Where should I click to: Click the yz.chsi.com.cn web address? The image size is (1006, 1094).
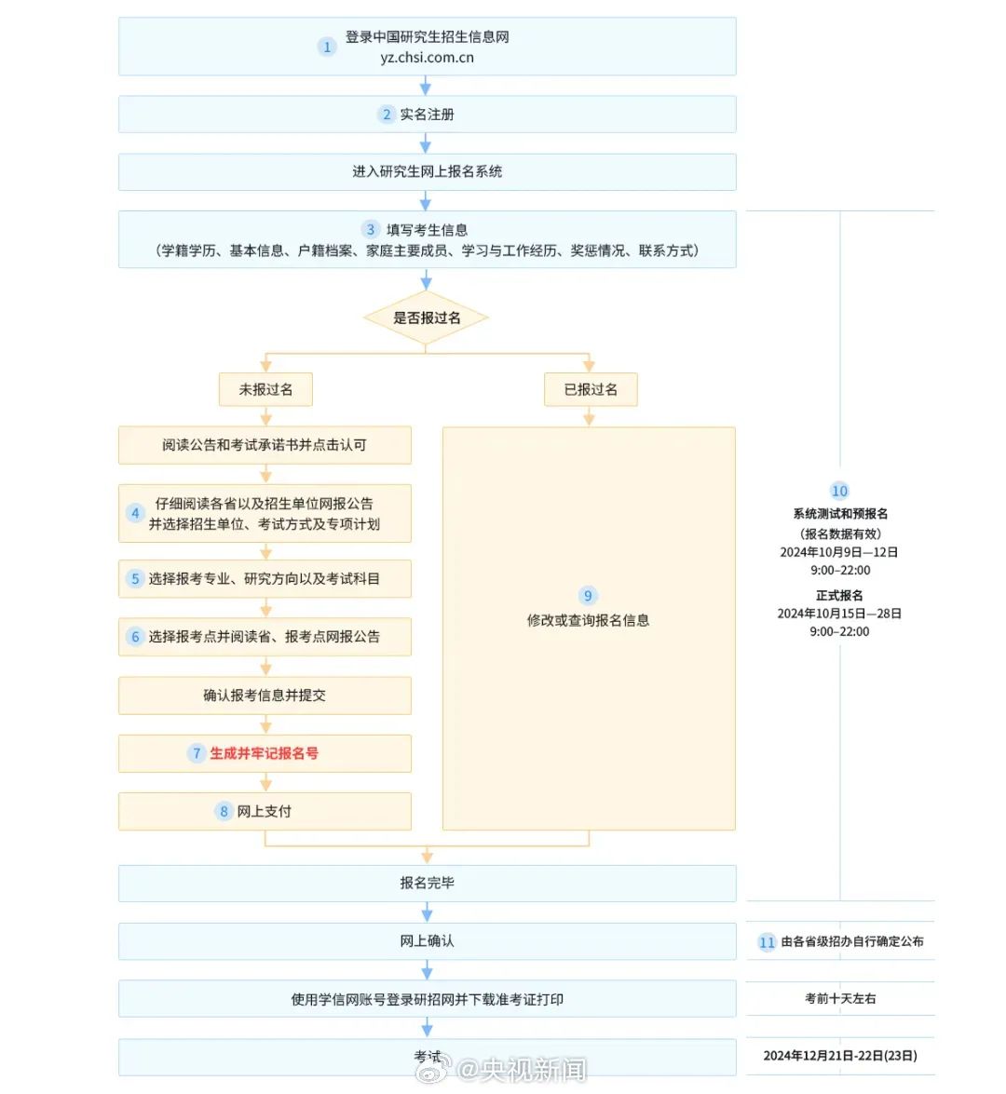[x=428, y=58]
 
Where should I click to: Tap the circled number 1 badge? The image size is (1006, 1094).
[x=327, y=47]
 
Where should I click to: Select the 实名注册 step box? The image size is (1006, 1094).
[x=428, y=115]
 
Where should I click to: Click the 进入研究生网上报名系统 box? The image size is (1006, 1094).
[x=428, y=171]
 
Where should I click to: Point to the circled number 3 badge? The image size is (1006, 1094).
[x=370, y=230]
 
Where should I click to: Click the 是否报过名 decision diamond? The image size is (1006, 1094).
[x=426, y=318]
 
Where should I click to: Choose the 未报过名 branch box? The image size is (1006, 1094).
[x=266, y=389]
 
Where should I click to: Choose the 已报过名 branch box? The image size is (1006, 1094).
[x=591, y=389]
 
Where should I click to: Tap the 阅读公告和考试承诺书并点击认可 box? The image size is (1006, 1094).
[x=265, y=445]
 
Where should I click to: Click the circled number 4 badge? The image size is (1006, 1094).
[x=135, y=514]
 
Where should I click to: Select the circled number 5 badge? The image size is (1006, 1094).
[x=135, y=578]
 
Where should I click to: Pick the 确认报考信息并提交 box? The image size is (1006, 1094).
[x=265, y=695]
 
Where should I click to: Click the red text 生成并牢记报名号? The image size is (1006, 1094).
[x=264, y=753]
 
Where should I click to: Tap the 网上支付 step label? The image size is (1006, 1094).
[x=264, y=812]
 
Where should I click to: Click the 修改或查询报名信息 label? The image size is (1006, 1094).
[x=588, y=620]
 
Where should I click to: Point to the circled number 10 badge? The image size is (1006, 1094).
[x=840, y=492]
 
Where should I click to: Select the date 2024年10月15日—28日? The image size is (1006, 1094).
[x=840, y=614]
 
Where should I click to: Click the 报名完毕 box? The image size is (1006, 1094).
[x=428, y=884]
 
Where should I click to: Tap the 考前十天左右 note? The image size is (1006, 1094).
[x=840, y=999]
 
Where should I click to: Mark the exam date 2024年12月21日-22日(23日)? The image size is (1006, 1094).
[x=840, y=1057]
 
